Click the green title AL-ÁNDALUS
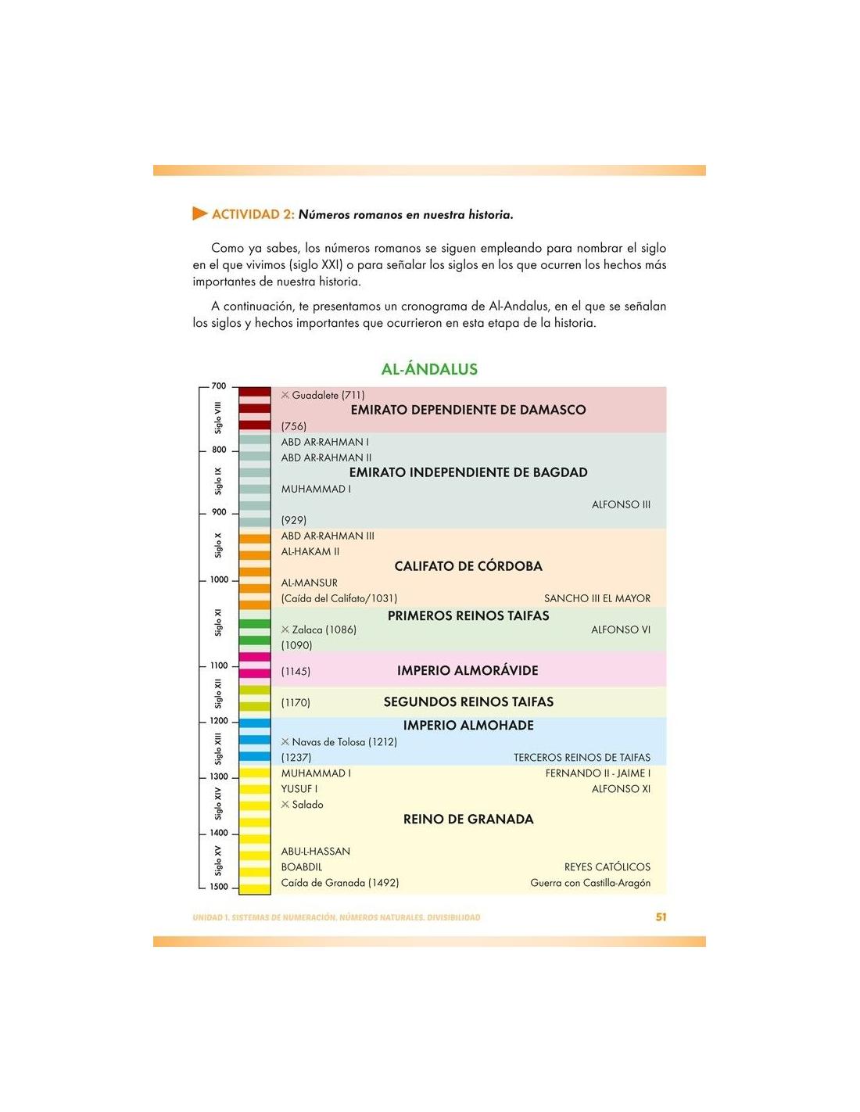pos(429,369)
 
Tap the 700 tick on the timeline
pos(219,386)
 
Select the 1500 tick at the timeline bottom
pos(219,887)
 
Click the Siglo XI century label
pos(218,622)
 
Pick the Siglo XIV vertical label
pos(218,804)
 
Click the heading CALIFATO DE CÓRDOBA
pos(468,566)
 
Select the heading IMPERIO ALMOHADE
pos(468,726)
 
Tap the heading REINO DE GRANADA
pos(468,820)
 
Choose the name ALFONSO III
pos(621,505)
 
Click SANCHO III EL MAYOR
pos(597,599)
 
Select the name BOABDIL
pos(302,867)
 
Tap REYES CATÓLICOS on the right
pos(607,867)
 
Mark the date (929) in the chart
pos(294,521)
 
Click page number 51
pos(661,917)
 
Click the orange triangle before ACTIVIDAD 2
pos(199,213)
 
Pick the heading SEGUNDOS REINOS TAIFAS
pos(468,702)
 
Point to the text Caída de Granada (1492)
pos(340,883)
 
